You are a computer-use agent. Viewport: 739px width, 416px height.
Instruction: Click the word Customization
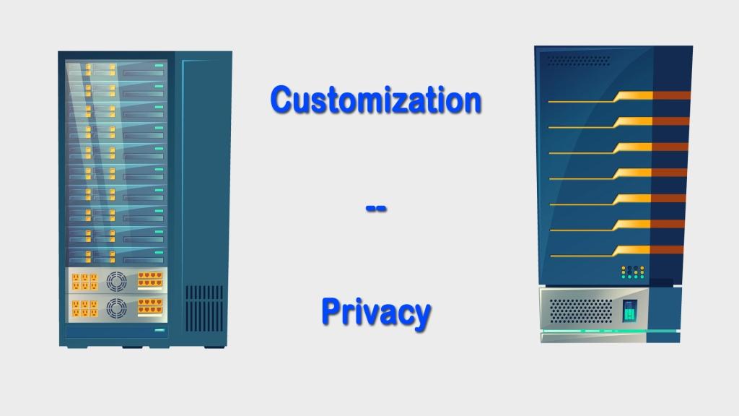(375, 99)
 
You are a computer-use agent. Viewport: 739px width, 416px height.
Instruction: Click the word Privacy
(376, 313)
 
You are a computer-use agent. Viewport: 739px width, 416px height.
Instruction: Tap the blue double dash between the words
(376, 209)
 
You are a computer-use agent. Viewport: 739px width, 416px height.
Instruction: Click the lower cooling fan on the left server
(116, 308)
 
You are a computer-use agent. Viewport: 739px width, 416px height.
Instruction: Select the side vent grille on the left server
(204, 307)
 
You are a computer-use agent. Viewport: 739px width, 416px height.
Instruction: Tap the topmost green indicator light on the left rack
(159, 66)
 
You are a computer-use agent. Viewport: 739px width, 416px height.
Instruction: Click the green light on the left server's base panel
(159, 331)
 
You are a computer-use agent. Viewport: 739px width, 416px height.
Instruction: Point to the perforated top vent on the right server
(578, 61)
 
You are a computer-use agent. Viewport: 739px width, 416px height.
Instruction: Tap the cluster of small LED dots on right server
(632, 272)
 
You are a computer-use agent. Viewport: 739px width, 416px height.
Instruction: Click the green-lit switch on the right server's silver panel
(630, 311)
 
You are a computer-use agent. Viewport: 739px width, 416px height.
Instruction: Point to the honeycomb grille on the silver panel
(581, 311)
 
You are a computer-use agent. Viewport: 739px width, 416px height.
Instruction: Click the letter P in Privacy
(331, 311)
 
